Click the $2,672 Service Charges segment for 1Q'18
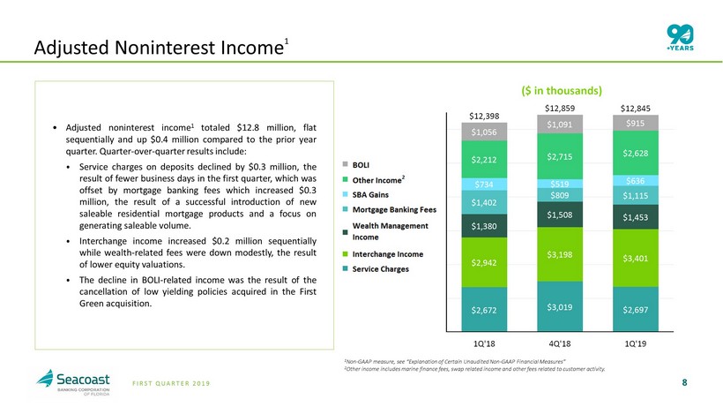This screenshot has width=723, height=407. [484, 309]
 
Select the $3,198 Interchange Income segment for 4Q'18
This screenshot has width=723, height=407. [560, 254]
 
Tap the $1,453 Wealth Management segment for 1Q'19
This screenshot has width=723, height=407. [636, 217]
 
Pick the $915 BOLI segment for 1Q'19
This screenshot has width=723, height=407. [636, 123]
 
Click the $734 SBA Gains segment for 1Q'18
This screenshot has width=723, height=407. [484, 185]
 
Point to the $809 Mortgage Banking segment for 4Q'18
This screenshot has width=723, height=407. [560, 195]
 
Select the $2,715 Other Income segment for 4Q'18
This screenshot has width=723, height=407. [560, 156]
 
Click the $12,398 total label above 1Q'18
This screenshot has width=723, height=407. [484, 116]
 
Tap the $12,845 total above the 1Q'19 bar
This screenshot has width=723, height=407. [636, 109]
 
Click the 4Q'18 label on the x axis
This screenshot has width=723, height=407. [560, 343]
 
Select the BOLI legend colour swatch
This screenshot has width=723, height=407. [345, 164]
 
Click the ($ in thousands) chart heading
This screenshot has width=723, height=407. [562, 90]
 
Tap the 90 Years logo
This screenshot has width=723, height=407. [680, 38]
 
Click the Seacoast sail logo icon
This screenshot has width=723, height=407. [45, 378]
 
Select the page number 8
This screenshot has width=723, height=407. [685, 382]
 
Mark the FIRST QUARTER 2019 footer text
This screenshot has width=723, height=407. [171, 383]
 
